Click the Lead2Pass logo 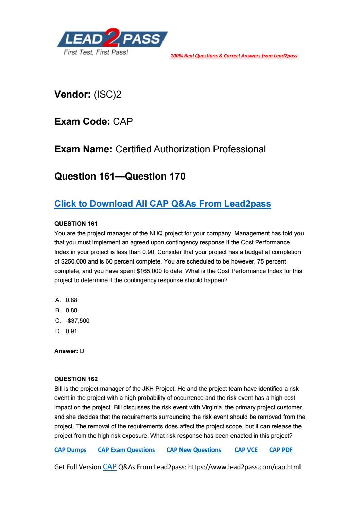(x=112, y=42)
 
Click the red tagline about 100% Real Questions (x=234, y=56)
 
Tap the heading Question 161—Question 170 (x=120, y=176)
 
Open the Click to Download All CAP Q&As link (x=162, y=204)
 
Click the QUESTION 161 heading (x=76, y=224)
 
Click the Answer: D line (x=69, y=351)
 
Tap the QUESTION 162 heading (x=76, y=379)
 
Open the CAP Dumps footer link (x=70, y=450)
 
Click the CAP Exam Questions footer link (x=126, y=450)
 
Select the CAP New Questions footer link (x=193, y=450)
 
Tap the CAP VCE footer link (x=246, y=450)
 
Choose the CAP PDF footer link (x=281, y=450)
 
